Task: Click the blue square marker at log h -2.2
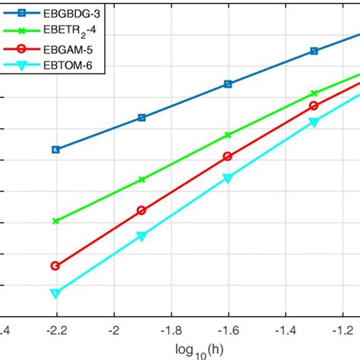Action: (55, 150)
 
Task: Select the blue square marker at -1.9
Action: (141, 118)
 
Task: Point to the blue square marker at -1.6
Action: (228, 84)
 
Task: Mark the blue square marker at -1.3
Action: (314, 52)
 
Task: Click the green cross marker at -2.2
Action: (55, 221)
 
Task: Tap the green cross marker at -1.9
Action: (141, 179)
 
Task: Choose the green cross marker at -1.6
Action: (228, 134)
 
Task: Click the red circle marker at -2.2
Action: (55, 266)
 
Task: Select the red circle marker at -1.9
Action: (141, 210)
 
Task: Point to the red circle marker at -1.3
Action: (314, 106)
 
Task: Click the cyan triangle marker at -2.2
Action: (55, 293)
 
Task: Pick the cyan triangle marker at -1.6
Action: (228, 178)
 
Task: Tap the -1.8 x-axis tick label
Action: (170, 331)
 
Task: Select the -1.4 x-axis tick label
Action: (285, 331)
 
